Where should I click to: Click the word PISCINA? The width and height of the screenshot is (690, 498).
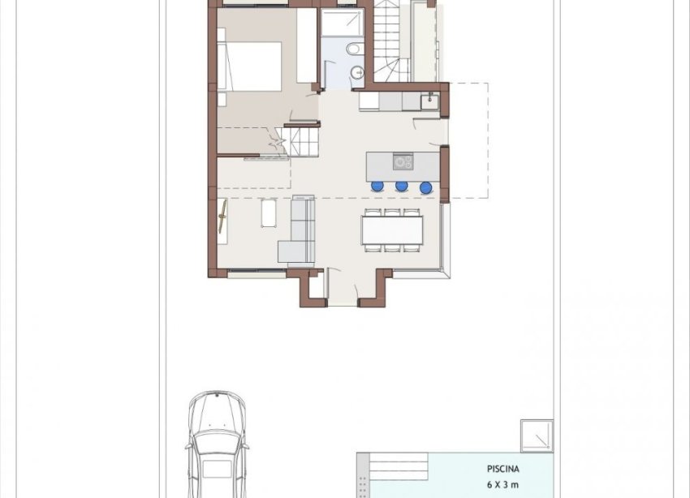[503, 469]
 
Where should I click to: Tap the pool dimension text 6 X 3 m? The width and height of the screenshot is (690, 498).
[503, 483]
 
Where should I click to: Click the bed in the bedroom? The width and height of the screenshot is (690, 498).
[249, 66]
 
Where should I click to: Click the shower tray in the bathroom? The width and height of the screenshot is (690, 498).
[342, 22]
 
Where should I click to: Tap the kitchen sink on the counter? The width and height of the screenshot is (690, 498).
[428, 101]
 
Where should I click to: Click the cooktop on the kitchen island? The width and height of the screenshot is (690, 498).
[403, 162]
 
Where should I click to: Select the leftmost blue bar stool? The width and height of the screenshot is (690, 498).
[377, 187]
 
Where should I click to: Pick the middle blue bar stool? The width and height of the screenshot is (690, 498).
[401, 187]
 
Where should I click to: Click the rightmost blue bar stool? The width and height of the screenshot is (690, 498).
[425, 187]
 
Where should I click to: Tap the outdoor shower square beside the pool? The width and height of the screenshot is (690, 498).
[537, 436]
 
